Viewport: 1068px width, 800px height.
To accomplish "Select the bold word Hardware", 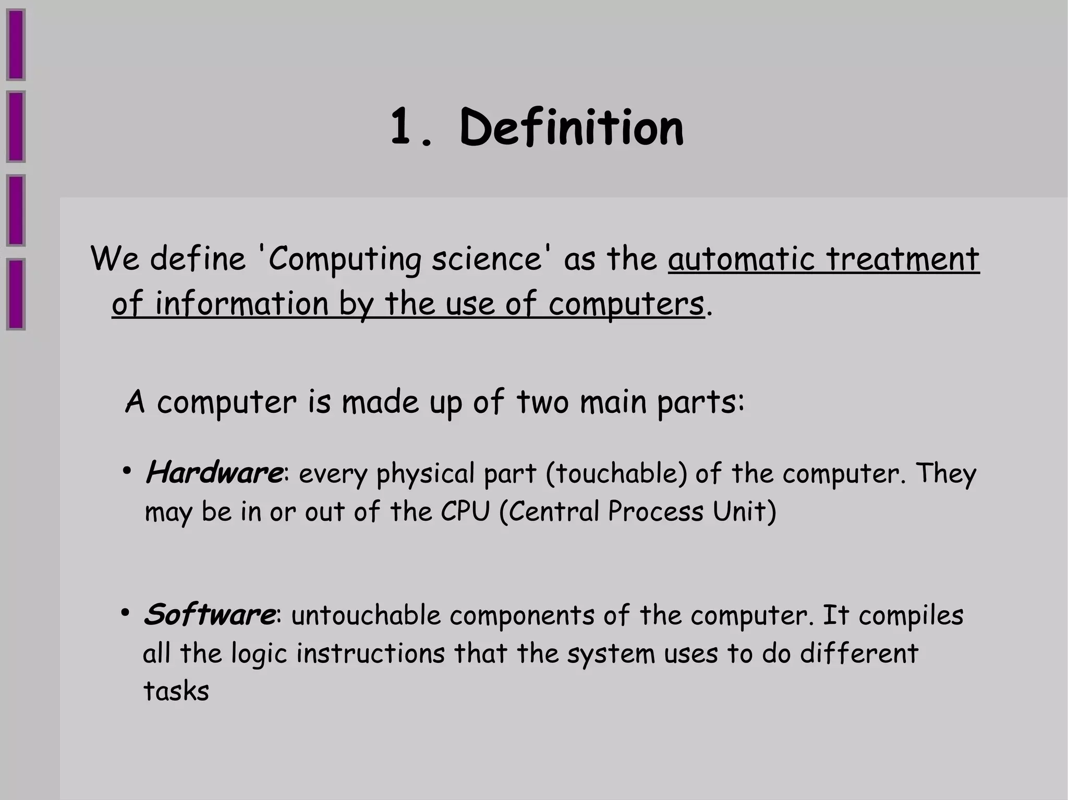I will click(x=214, y=473).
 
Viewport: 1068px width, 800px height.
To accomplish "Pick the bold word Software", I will click(x=209, y=614).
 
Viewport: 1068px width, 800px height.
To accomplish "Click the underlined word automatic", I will click(x=741, y=259).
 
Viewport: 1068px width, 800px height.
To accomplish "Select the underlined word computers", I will click(x=626, y=304).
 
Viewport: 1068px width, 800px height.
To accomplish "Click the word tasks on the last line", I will click(x=176, y=692).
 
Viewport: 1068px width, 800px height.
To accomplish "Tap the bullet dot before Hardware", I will click(x=127, y=471).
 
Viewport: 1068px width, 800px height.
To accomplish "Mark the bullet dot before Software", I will click(x=125, y=612).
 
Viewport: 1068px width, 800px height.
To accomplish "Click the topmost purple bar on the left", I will click(x=16, y=45).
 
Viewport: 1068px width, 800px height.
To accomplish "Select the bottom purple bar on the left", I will click(x=16, y=294).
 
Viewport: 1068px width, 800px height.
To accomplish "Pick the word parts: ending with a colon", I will click(x=700, y=402).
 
